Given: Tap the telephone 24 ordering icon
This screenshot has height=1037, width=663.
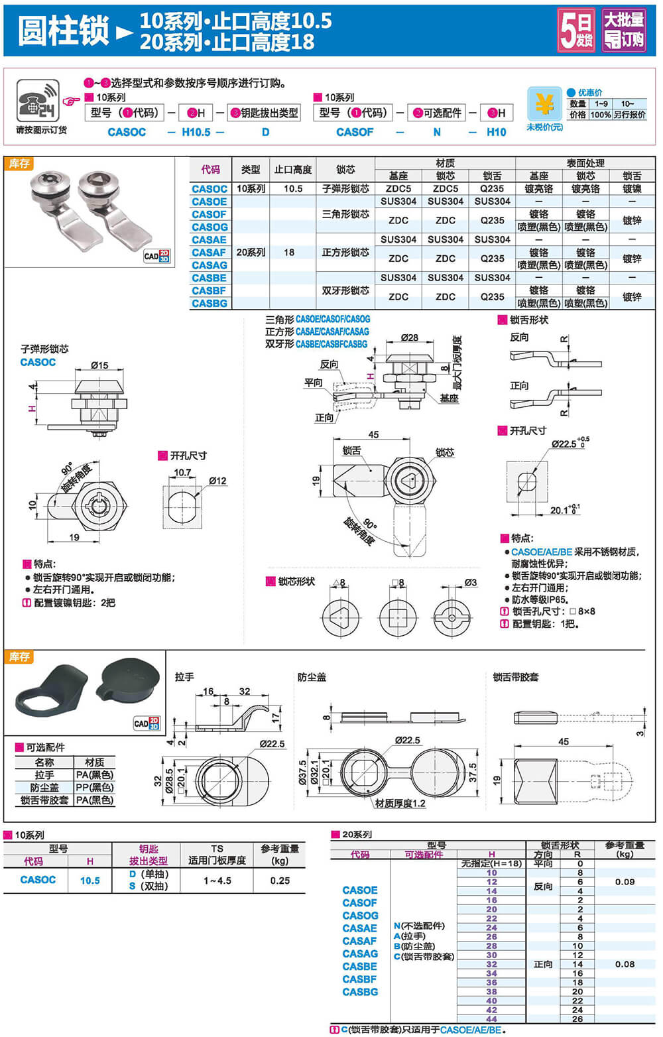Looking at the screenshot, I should click(x=38, y=101).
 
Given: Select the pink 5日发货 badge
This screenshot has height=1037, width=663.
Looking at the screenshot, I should click(x=575, y=30).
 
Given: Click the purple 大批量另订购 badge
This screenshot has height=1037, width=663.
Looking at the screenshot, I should click(x=623, y=30).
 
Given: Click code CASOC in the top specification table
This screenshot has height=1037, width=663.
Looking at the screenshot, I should click(x=210, y=189).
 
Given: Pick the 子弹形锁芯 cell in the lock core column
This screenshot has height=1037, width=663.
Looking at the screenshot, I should click(x=345, y=189).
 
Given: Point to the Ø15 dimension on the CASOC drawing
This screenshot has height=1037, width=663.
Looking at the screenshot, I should click(x=99, y=365).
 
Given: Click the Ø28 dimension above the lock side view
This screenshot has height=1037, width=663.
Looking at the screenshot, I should click(x=410, y=337).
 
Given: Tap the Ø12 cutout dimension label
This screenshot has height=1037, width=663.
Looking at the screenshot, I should click(x=217, y=481).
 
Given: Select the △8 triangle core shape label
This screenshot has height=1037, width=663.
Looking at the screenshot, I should click(x=339, y=583).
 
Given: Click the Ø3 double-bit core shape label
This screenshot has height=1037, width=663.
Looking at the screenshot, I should click(x=470, y=583).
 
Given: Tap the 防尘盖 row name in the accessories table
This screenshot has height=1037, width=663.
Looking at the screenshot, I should click(x=44, y=788).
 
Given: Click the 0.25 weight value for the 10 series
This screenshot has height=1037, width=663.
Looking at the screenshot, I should click(x=280, y=881).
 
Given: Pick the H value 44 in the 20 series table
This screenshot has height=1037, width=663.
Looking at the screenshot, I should click(x=491, y=1019).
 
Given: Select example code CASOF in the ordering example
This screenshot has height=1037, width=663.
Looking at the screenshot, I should click(x=355, y=132).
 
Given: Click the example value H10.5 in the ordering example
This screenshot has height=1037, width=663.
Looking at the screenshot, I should click(x=196, y=132).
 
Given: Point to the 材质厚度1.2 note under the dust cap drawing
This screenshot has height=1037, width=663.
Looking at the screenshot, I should click(x=400, y=804).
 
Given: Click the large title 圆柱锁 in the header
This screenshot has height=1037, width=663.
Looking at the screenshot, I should click(x=64, y=31).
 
